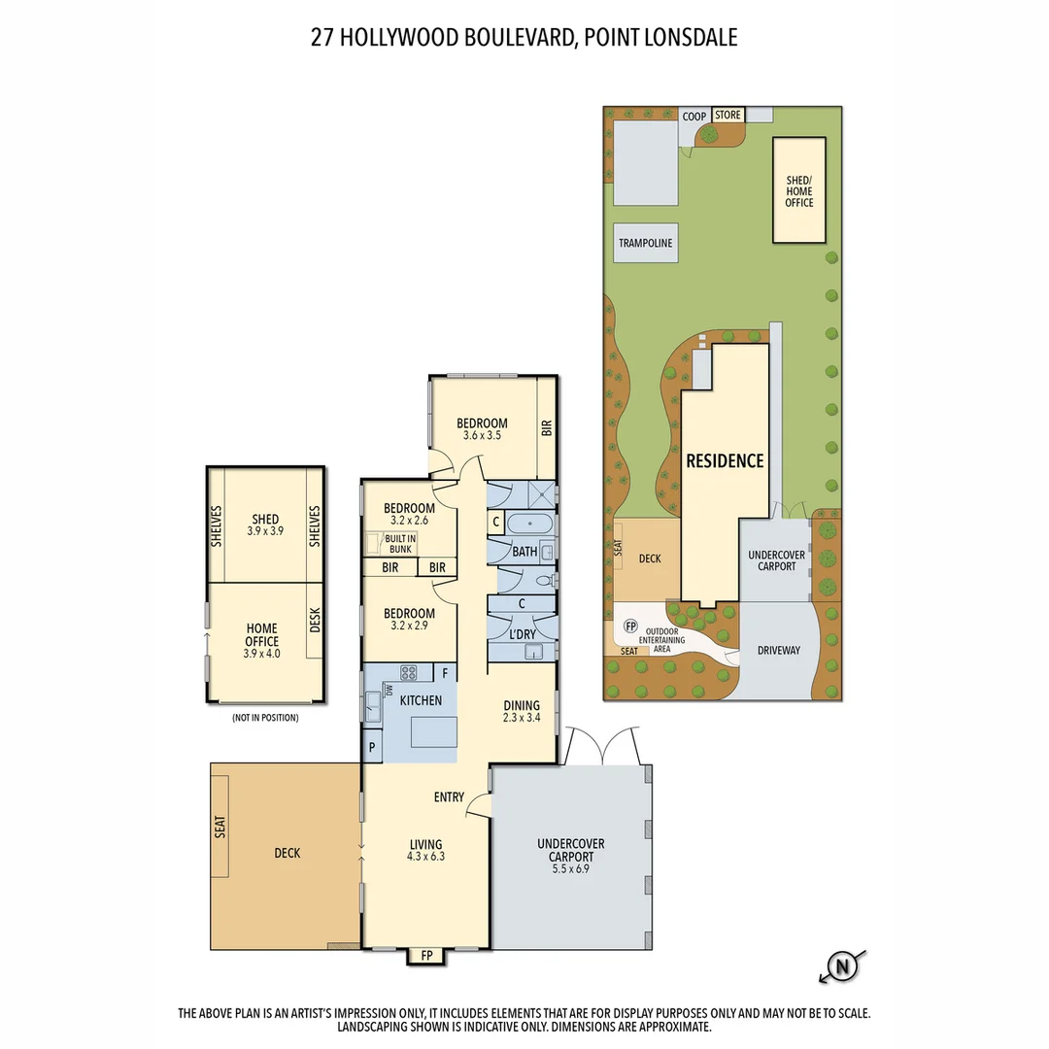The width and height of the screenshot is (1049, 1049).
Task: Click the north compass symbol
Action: click(x=842, y=966)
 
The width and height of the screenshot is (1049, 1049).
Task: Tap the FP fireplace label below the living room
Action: click(x=425, y=956)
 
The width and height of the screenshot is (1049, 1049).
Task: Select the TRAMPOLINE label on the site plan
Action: click(x=646, y=243)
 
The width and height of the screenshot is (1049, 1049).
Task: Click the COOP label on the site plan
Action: click(x=694, y=117)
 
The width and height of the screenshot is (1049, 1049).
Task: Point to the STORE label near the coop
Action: click(x=728, y=115)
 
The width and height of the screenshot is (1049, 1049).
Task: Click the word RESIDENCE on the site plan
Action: click(x=726, y=461)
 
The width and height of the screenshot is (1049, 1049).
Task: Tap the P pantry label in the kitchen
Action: click(x=372, y=747)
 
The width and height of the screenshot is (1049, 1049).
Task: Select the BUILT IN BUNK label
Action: click(x=400, y=544)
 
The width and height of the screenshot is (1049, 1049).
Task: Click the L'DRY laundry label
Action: click(x=524, y=634)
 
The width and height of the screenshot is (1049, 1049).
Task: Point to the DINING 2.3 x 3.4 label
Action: click(x=522, y=712)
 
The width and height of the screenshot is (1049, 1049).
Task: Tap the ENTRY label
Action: click(x=449, y=797)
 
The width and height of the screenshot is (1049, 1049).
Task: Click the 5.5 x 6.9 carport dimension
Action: click(x=571, y=871)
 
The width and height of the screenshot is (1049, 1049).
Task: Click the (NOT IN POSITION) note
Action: click(x=264, y=718)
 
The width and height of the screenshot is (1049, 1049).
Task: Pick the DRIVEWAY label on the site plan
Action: click(x=779, y=650)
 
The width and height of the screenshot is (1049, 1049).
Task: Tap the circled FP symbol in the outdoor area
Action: click(x=630, y=626)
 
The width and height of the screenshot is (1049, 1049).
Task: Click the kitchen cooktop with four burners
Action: click(x=409, y=671)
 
